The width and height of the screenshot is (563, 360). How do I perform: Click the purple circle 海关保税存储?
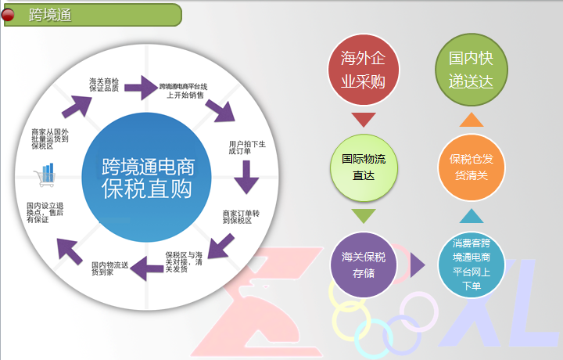tap(364, 264)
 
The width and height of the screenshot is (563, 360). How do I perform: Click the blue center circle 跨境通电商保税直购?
tap(148, 178)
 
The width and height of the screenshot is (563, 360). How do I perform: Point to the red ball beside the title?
tap(8, 14)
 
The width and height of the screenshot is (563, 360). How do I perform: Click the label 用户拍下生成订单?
tap(248, 148)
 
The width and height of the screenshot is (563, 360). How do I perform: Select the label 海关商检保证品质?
tap(104, 85)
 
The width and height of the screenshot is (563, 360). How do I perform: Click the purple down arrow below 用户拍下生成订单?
tap(247, 178)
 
